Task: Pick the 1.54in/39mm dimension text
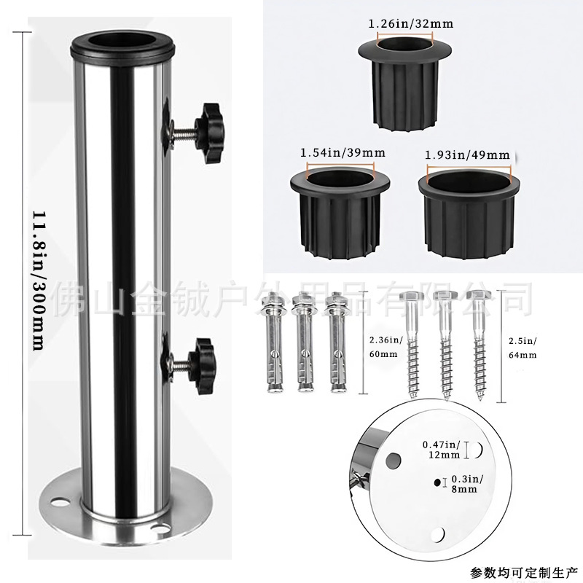click(x=343, y=153)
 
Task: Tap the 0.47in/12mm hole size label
click(x=441, y=450)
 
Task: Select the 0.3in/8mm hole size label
click(x=463, y=483)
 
